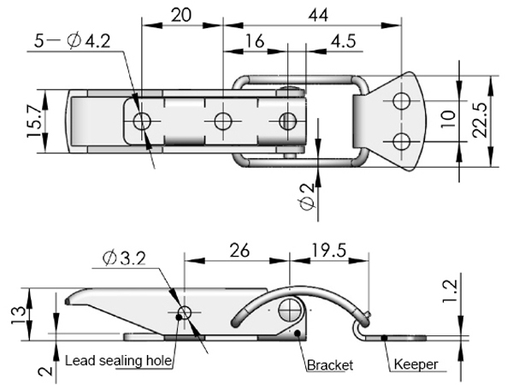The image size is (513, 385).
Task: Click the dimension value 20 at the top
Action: click(180, 15)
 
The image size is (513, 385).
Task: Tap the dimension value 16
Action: click(254, 42)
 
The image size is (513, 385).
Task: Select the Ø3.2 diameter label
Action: click(123, 257)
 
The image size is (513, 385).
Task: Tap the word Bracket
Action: click(330, 365)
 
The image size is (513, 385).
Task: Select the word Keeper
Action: click(416, 365)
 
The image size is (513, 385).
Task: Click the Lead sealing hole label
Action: click(120, 361)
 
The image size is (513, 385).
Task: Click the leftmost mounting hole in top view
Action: click(142, 120)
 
